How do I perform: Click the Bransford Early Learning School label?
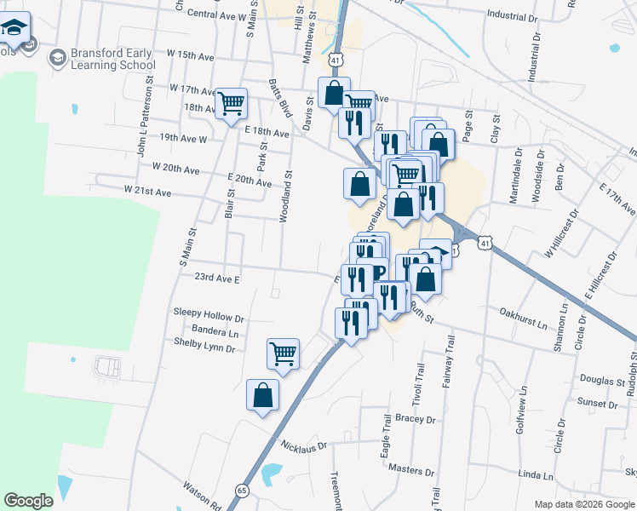coord(112,59)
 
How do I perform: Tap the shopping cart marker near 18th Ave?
coord(231,103)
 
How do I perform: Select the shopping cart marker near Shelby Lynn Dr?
coord(283,352)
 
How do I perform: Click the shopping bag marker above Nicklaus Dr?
coord(262,394)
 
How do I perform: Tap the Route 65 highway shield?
coord(242,491)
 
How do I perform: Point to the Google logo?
coord(28,501)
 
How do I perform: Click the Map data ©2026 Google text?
coord(583,504)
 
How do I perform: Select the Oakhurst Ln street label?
coord(523,324)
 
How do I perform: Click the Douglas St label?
coord(579,380)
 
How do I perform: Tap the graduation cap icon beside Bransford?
coord(59,58)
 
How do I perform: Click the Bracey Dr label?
coord(416,419)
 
